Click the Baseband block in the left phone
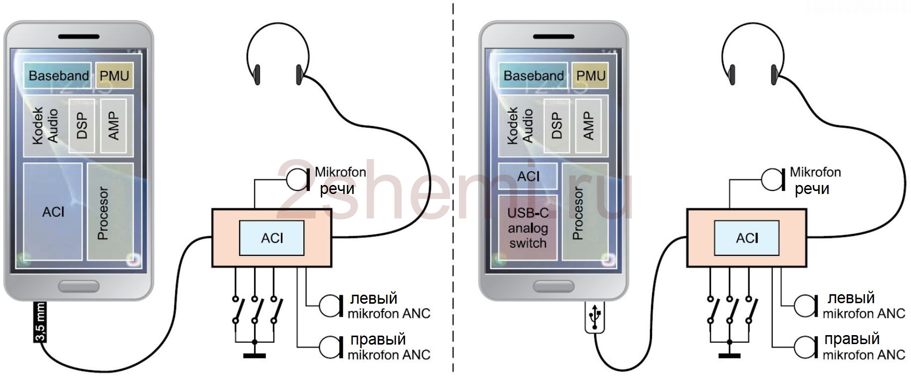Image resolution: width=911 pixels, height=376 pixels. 57,75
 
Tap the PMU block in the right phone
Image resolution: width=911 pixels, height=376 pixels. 590,75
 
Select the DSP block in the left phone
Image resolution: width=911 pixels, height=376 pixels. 81,125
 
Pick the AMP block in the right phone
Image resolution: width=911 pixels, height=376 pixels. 589,125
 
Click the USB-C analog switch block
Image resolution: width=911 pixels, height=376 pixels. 528,228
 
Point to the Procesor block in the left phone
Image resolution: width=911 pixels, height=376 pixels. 110,211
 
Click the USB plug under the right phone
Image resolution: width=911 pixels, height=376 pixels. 594,317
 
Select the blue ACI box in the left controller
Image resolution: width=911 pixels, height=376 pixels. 272,238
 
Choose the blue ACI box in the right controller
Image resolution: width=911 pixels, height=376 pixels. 747,238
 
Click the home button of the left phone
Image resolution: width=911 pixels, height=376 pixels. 78,286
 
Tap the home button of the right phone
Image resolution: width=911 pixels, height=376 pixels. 553,286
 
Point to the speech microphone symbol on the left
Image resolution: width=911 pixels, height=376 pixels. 298,179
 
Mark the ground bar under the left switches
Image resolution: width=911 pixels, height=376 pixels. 254,356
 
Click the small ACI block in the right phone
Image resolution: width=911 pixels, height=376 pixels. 528,176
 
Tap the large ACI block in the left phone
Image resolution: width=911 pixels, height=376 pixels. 53,211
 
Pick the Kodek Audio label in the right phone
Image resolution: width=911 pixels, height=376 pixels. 520,126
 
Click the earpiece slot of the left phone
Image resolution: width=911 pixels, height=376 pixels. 78,36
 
